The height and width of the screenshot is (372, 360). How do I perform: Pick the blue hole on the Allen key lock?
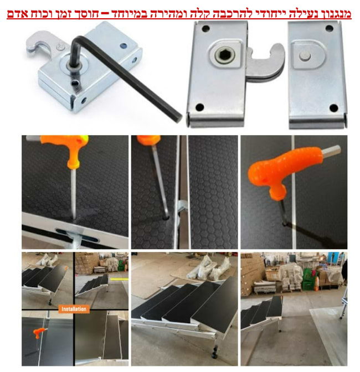123,45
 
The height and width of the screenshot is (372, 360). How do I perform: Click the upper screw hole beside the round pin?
329,29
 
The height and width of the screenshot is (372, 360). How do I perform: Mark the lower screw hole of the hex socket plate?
200,107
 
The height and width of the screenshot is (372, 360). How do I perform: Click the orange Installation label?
74,309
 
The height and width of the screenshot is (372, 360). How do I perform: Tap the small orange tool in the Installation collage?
39,332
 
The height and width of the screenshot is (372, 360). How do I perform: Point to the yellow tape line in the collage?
119,279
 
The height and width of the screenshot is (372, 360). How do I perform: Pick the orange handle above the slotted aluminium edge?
69,149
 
